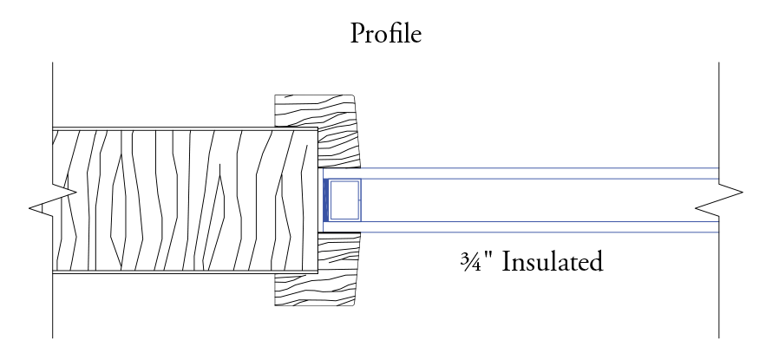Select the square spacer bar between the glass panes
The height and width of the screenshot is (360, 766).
pyautogui.click(x=344, y=200)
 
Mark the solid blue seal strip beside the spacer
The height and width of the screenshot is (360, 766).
pyautogui.click(x=326, y=200)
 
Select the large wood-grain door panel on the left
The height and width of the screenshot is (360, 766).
pyautogui.click(x=182, y=200)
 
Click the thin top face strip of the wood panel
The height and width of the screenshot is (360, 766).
pyautogui.click(x=182, y=129)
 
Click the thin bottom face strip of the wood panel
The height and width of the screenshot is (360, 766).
pyautogui.click(x=182, y=272)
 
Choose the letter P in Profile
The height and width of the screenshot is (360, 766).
pyautogui.click(x=357, y=35)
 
